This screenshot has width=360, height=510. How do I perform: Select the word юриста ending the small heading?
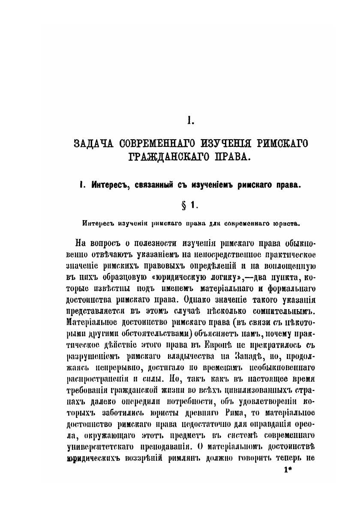pyautogui.click(x=284, y=223)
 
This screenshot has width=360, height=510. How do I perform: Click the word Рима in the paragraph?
pyautogui.click(x=250, y=412)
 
